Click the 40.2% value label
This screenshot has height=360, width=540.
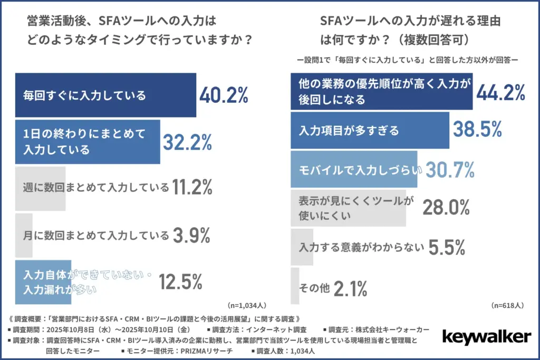coord(224,95)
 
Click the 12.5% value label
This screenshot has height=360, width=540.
coord(181,282)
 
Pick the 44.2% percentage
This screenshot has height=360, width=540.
coord(500,92)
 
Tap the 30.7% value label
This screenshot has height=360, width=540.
coord(450,170)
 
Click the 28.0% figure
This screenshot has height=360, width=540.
coord(446,208)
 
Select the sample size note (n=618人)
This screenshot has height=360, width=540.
coord(507,305)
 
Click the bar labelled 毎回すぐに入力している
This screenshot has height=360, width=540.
coord(105,95)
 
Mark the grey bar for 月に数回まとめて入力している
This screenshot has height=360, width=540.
coord(24,235)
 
